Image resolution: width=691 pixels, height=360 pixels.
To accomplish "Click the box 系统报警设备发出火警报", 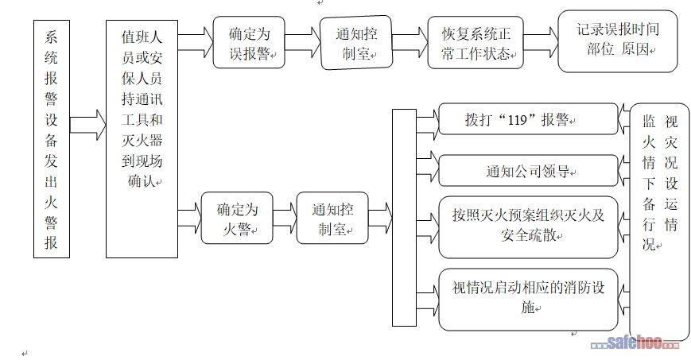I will click(x=52, y=139).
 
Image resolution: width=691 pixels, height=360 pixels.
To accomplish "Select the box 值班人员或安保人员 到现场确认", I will click(x=142, y=139).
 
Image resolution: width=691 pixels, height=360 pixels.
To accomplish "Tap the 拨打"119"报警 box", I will click(x=528, y=120).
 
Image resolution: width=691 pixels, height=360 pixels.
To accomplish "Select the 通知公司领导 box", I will click(x=528, y=170).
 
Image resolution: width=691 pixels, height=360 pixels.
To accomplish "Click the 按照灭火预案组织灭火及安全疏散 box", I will click(x=528, y=226).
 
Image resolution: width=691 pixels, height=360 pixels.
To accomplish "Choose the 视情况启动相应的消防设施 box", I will click(x=528, y=300).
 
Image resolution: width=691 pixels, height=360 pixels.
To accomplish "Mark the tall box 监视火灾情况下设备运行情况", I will click(x=659, y=223).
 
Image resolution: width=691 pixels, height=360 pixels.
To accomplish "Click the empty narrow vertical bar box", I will click(x=404, y=219).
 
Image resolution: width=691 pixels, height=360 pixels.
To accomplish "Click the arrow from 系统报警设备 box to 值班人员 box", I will click(x=87, y=124).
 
